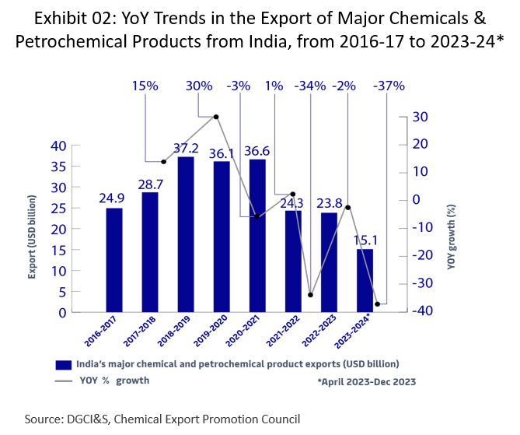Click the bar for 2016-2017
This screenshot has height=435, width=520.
[114, 260]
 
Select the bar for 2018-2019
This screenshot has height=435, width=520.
[186, 234]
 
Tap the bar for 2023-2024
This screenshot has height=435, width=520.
[365, 280]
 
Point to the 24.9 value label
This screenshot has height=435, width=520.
[112, 198]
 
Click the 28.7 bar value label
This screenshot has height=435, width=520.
[150, 184]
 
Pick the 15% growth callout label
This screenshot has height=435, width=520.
[145, 86]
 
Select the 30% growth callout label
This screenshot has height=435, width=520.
[199, 86]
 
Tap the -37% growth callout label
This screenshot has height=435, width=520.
[389, 86]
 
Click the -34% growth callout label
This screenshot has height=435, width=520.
[310, 86]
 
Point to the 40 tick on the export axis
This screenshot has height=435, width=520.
[59, 146]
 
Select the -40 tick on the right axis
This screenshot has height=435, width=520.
[421, 311]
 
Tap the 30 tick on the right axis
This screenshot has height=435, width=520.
[421, 117]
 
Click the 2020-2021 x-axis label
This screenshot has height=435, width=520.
[241, 334]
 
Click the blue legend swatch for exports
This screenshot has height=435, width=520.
[64, 364]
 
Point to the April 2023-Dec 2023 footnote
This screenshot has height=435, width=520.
[365, 382]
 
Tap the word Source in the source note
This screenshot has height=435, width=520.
[44, 419]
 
